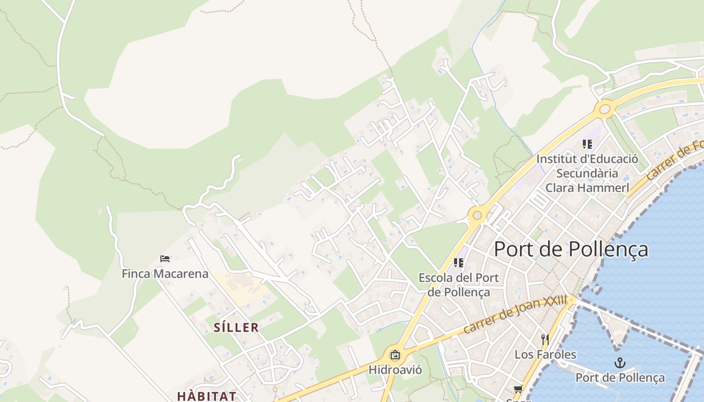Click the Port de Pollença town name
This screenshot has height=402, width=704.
(x=571, y=249)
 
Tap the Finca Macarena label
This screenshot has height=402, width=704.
(x=165, y=274)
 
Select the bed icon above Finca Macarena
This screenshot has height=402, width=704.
(x=165, y=259)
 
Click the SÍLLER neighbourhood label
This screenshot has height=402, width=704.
(x=236, y=328)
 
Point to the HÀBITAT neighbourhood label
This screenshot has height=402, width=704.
(x=206, y=395)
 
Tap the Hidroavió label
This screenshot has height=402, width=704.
(x=395, y=370)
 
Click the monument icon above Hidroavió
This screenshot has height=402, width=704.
(x=395, y=355)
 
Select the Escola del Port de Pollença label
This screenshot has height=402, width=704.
(x=459, y=284)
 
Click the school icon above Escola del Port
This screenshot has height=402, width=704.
(x=458, y=262)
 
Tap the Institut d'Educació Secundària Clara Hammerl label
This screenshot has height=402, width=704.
(x=587, y=173)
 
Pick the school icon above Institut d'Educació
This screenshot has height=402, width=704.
(x=587, y=144)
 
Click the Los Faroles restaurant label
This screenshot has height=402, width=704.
(x=545, y=354)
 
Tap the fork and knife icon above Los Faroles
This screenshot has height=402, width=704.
(x=545, y=340)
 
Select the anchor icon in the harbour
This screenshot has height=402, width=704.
(x=620, y=363)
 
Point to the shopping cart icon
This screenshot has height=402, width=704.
(x=518, y=388)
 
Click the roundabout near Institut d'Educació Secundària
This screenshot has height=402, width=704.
(x=605, y=109)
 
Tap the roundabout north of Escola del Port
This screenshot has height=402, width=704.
(x=477, y=216)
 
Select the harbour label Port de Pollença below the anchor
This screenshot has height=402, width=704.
(x=620, y=378)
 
